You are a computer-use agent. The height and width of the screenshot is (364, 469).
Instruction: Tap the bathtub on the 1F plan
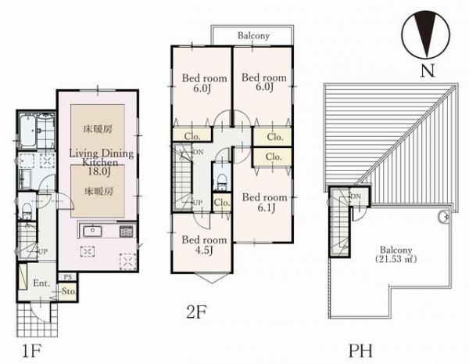tap(28, 131)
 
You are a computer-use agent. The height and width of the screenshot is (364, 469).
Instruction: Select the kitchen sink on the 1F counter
tap(92, 231)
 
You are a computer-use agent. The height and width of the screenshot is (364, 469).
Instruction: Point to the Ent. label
tap(41, 283)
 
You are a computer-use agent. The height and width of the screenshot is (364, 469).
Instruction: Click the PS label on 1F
tap(68, 277)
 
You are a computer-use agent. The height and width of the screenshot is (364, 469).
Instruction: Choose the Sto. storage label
tap(69, 291)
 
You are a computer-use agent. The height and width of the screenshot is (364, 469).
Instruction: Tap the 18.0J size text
tap(99, 171)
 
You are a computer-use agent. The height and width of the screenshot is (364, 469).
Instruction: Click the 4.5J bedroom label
tap(203, 250)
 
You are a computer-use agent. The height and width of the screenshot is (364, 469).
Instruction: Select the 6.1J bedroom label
tap(267, 207)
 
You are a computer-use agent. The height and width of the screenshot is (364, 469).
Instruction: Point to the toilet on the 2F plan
tap(222, 182)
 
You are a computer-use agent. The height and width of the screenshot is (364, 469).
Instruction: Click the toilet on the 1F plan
tap(27, 211)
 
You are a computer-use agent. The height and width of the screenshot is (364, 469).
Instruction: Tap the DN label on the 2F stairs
tap(199, 152)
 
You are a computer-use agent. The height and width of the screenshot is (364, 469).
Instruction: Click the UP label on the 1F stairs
tap(43, 251)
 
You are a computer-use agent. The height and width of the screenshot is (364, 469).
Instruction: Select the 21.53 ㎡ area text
tap(396, 259)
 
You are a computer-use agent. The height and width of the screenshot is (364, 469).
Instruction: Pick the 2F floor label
tap(196, 312)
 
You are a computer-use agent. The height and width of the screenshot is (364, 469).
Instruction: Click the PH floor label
tap(360, 351)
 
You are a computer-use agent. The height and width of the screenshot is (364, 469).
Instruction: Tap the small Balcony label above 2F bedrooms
tap(253, 36)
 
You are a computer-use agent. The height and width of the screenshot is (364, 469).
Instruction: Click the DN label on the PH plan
tap(356, 196)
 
